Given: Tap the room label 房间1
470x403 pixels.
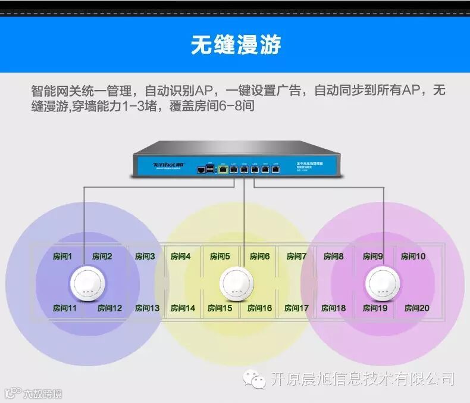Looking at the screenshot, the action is click(x=61, y=257).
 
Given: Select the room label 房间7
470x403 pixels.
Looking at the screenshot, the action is click(x=296, y=257).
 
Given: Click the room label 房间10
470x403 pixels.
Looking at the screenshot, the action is click(x=413, y=257).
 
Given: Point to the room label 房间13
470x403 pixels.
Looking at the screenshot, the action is click(x=147, y=308).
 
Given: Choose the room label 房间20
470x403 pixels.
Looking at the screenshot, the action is click(x=416, y=308).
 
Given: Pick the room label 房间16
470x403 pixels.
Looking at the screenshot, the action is click(x=260, y=308).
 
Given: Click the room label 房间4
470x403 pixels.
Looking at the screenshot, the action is click(x=180, y=257).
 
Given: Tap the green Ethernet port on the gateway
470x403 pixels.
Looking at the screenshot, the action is click(x=223, y=169).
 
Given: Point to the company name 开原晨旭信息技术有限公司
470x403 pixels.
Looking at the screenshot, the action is click(x=362, y=379).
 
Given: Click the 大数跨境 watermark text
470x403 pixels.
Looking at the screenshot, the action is click(x=42, y=393).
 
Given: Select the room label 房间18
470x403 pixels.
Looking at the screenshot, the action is click(x=333, y=308).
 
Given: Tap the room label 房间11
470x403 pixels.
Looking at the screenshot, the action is click(x=65, y=308).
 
